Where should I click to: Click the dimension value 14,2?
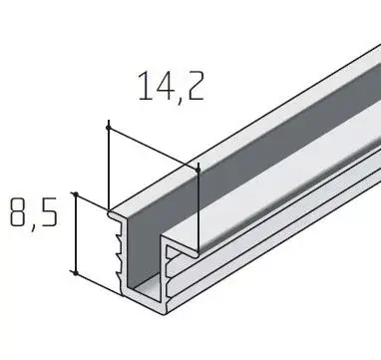[171, 87]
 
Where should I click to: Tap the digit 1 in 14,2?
[145, 86]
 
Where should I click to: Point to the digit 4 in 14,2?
[164, 86]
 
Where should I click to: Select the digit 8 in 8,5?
[19, 212]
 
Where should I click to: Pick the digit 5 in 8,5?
[49, 212]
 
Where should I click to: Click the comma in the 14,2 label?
[180, 100]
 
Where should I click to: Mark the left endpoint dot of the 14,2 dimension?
[108, 128]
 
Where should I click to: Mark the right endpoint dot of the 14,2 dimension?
[198, 171]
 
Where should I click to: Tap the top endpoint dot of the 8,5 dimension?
[76, 194]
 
